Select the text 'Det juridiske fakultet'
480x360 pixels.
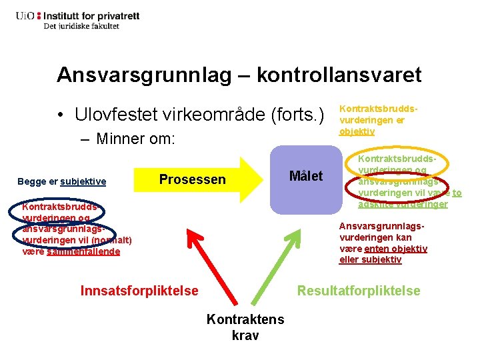pyautogui.click(x=81, y=26)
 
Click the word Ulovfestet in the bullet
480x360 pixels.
pyautogui.click(x=114, y=115)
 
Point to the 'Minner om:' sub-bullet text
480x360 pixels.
pyautogui.click(x=135, y=139)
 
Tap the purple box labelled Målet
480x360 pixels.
pyautogui.click(x=305, y=177)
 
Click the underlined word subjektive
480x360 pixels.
pyautogui.click(x=83, y=181)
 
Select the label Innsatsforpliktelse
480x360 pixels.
pyautogui.click(x=139, y=291)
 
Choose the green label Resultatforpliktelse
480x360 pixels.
pyautogui.click(x=359, y=291)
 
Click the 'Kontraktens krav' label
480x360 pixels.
pyautogui.click(x=245, y=327)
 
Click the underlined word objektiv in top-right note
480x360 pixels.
pyautogui.click(x=357, y=131)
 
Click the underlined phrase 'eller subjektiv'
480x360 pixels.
pyautogui.click(x=370, y=259)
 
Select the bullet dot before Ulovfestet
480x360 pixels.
pyautogui.click(x=61, y=115)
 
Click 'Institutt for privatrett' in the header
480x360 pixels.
pyautogui.click(x=87, y=14)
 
